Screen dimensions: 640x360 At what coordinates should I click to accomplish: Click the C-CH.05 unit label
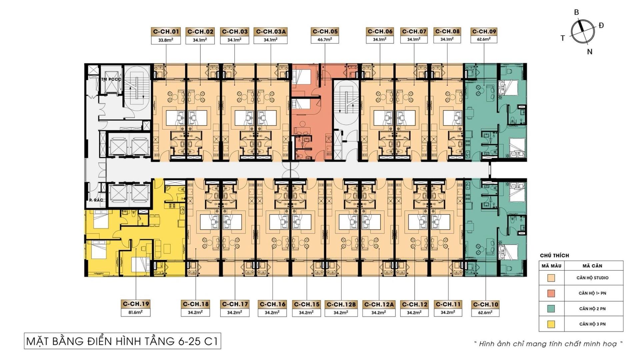tap(325, 31)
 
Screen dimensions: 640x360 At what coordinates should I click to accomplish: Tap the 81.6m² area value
tap(136, 312)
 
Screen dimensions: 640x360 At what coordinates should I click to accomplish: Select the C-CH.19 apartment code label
tap(136, 304)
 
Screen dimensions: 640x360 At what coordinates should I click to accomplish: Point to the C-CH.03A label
tap(270, 31)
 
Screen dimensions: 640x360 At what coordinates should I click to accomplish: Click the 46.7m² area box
tap(325, 39)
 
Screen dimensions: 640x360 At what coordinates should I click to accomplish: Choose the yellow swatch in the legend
tap(551, 324)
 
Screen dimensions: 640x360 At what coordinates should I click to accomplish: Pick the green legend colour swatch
tap(551, 309)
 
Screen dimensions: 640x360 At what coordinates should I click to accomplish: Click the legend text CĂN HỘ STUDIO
tap(592, 278)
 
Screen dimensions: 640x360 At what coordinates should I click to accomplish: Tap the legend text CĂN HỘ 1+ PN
tap(592, 293)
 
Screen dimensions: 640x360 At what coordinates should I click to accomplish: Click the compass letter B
tap(576, 12)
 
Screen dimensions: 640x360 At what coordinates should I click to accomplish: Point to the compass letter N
tap(590, 52)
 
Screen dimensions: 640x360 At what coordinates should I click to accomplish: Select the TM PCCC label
tap(111, 79)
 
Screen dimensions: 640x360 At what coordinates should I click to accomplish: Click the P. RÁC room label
tap(96, 200)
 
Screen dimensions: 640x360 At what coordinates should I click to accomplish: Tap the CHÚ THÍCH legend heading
tap(554, 256)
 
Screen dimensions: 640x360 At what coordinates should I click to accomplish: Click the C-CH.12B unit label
tap(341, 304)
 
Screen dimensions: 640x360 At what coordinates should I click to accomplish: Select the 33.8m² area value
tap(166, 40)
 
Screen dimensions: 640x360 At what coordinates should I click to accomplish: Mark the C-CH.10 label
tap(486, 304)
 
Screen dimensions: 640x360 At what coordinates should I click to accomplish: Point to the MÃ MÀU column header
tap(551, 266)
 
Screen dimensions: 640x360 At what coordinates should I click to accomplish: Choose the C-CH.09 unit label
tap(484, 31)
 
